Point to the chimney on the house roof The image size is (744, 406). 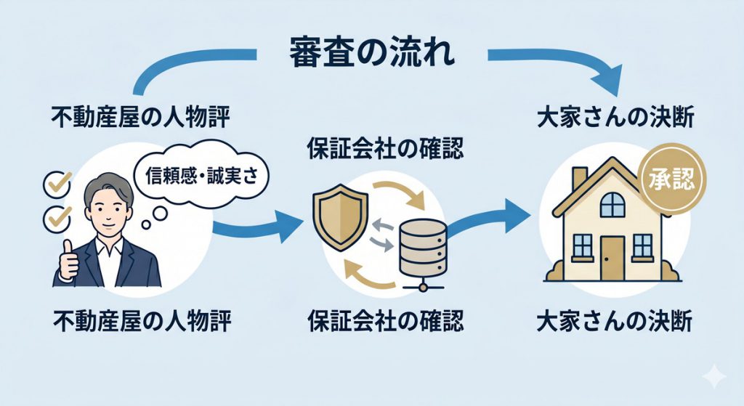click(579, 179)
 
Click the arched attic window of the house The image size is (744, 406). click(612, 204)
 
